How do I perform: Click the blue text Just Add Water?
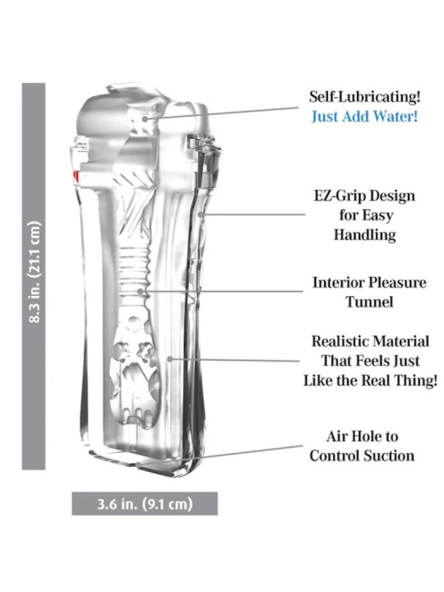point(365,116)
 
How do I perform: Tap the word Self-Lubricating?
point(365,97)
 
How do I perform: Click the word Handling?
point(365,235)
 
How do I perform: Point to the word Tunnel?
point(370,302)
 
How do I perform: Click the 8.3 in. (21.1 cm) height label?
point(35,272)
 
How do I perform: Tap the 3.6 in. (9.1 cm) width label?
point(145,504)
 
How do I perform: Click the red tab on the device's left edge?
point(77,175)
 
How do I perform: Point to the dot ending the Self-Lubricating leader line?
point(146,118)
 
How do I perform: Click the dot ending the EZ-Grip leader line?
point(201,215)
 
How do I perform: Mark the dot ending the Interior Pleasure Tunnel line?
point(140,291)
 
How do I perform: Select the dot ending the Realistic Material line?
point(170,359)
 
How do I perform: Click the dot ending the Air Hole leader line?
point(139,465)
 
